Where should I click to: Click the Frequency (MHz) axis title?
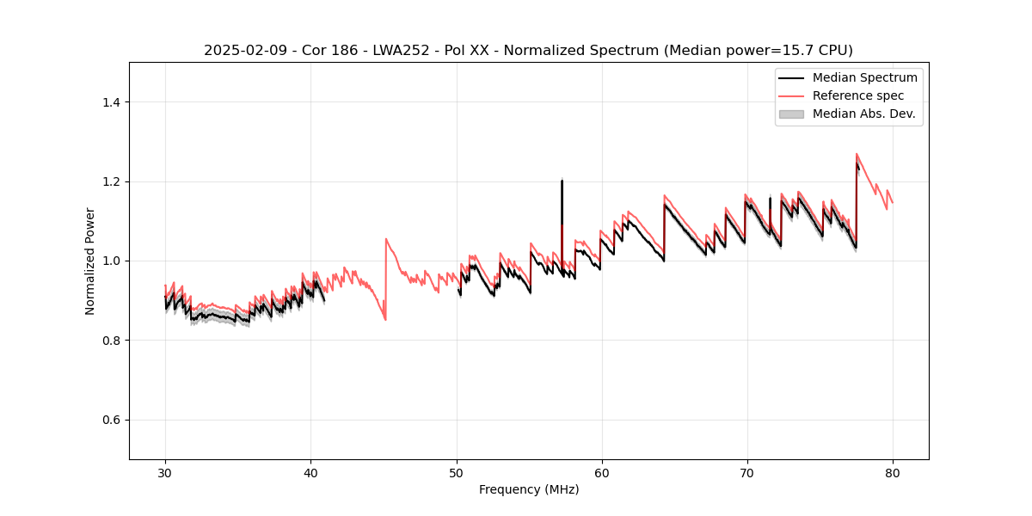pyautogui.click(x=529, y=489)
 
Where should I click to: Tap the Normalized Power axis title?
pyautogui.click(x=90, y=261)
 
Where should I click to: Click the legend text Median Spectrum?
pyautogui.click(x=864, y=77)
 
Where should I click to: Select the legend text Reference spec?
pyautogui.click(x=858, y=95)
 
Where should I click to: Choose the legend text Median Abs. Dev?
pyautogui.click(x=863, y=114)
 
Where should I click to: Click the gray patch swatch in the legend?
pyautogui.click(x=791, y=114)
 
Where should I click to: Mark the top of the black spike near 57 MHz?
pyautogui.click(x=562, y=180)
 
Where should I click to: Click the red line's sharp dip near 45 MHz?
pyautogui.click(x=385, y=320)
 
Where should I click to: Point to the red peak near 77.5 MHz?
pyautogui.click(x=857, y=154)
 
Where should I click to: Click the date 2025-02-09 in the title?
pyautogui.click(x=243, y=51)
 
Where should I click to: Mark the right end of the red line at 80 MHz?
pyautogui.click(x=892, y=202)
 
